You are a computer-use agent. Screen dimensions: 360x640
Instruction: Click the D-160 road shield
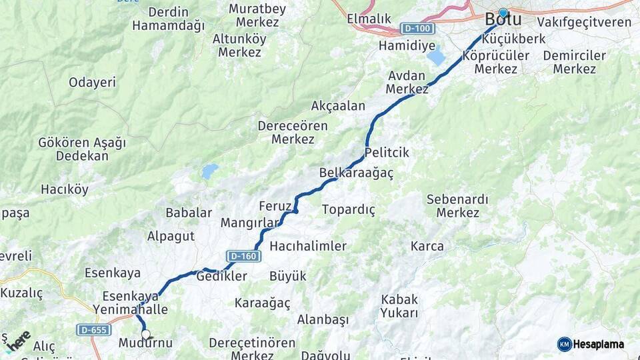pos(243,256)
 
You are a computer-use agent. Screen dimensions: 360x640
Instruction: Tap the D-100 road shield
pos(418,29)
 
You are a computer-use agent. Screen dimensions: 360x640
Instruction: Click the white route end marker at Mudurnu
pos(146,335)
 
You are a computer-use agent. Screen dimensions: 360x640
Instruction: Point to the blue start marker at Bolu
pos(503,13)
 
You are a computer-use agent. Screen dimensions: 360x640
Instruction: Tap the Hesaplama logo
pos(591,344)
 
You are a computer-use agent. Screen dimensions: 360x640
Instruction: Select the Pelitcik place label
pos(387,153)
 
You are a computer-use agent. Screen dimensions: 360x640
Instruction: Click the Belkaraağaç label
pos(356,173)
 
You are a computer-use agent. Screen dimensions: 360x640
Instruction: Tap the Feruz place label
pos(275,205)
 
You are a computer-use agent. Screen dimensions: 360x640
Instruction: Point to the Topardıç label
pos(348,209)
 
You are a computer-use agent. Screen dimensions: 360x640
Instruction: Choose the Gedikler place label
pos(222,276)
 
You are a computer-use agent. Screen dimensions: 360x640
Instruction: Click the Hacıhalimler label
pos(308,246)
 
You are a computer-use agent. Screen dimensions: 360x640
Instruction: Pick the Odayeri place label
pos(92,83)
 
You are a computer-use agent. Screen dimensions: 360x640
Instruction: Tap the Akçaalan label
pos(338,106)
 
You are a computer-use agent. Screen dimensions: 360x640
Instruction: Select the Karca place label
pos(427,246)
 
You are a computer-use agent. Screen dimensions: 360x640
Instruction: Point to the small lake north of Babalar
pos(209,171)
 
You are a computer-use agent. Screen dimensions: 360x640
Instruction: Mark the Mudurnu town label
pos(145,343)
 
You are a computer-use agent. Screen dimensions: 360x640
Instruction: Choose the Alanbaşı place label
pos(323,320)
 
